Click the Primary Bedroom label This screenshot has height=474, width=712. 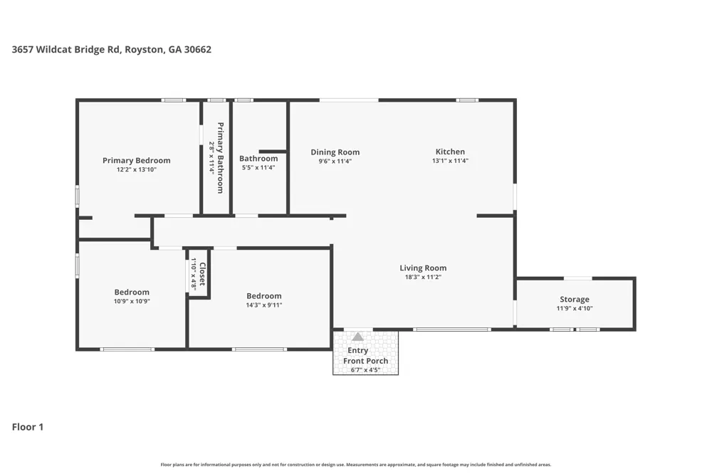tap(136, 160)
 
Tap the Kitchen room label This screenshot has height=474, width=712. tap(450, 152)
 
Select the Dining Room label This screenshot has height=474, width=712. tap(335, 152)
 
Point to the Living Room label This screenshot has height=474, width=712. tap(423, 268)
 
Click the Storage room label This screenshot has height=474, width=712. tap(575, 299)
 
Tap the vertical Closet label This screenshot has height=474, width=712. tap(202, 274)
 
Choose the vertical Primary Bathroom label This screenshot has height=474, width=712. tap(220, 157)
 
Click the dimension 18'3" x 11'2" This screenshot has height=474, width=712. tap(423, 277)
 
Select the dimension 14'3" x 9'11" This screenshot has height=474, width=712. tap(264, 305)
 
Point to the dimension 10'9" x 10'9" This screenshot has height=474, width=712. tap(132, 301)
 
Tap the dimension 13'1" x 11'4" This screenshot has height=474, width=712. tap(450, 161)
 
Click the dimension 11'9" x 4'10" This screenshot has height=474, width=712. tap(575, 308)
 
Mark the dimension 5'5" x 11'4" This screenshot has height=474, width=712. tap(258, 167)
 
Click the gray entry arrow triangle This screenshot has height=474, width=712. tap(358, 337)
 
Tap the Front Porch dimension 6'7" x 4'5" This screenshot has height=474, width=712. tap(365, 370)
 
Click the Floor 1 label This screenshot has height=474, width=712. tap(28, 427)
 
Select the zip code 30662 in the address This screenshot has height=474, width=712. tap(197, 50)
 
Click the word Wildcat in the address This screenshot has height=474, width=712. tap(54, 50)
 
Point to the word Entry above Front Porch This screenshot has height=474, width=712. tap(358, 350)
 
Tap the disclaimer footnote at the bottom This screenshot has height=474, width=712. tap(356, 465)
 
